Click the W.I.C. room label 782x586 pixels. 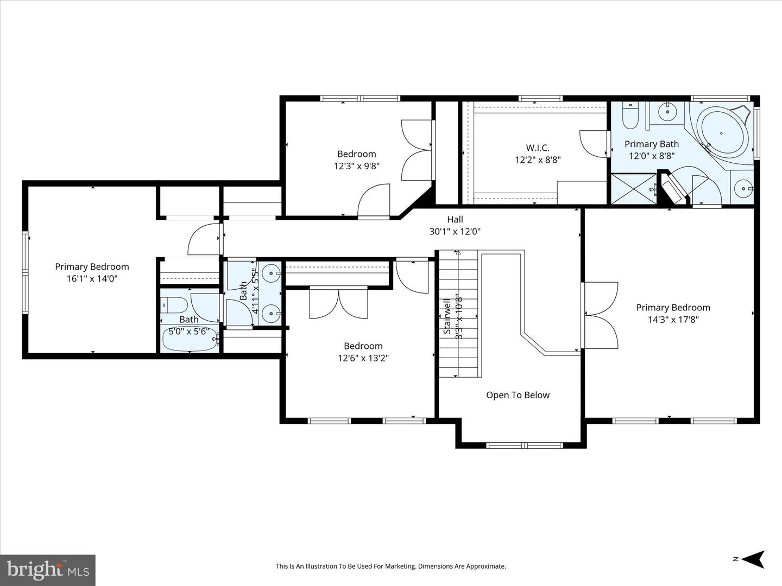(x=537, y=148)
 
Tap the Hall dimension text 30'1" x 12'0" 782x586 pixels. (x=455, y=231)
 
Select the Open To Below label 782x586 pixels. (x=518, y=395)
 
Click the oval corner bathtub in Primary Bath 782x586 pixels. (x=722, y=133)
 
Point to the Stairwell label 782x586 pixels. (x=447, y=316)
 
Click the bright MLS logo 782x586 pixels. (x=48, y=570)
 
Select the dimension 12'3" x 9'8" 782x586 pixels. (x=356, y=166)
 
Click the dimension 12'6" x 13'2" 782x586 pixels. (x=363, y=358)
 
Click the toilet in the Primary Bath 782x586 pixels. (x=630, y=116)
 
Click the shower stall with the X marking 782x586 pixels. (x=633, y=189)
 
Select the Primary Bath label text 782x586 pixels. (x=651, y=144)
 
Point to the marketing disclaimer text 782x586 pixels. (x=390, y=566)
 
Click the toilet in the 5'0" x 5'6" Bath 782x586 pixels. (x=175, y=305)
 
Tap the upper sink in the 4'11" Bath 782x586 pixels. (x=272, y=271)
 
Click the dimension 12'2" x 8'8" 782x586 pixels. (x=537, y=160)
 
